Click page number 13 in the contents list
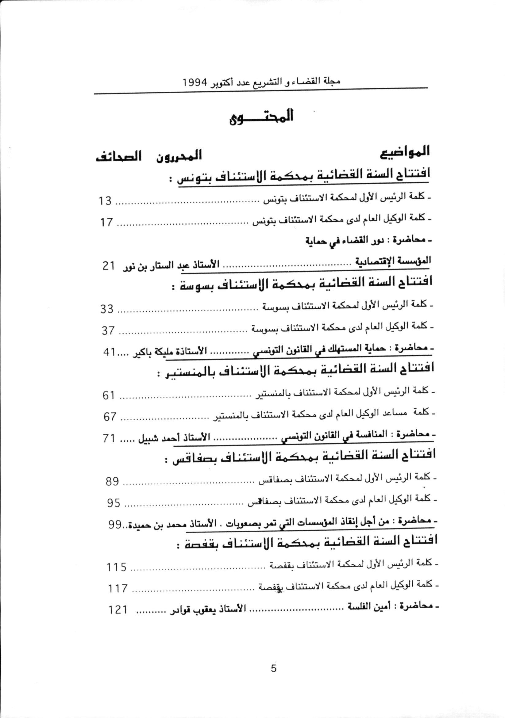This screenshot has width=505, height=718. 105,201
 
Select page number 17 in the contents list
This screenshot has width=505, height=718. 106,222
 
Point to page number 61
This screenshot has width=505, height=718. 109,395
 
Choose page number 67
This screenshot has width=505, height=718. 110,417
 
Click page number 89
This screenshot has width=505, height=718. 112,482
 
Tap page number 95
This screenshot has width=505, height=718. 113,503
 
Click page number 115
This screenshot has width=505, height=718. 116,567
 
